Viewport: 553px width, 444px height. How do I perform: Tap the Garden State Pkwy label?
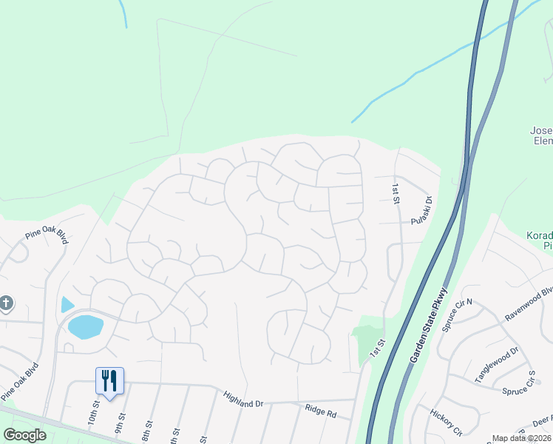tap(429, 323)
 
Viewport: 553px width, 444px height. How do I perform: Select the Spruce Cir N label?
tap(459, 314)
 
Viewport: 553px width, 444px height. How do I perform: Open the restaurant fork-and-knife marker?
tap(109, 381)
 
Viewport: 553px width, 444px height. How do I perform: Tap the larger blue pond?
tap(85, 326)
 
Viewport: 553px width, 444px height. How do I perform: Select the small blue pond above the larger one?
tap(67, 303)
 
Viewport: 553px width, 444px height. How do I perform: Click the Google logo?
tap(24, 435)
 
